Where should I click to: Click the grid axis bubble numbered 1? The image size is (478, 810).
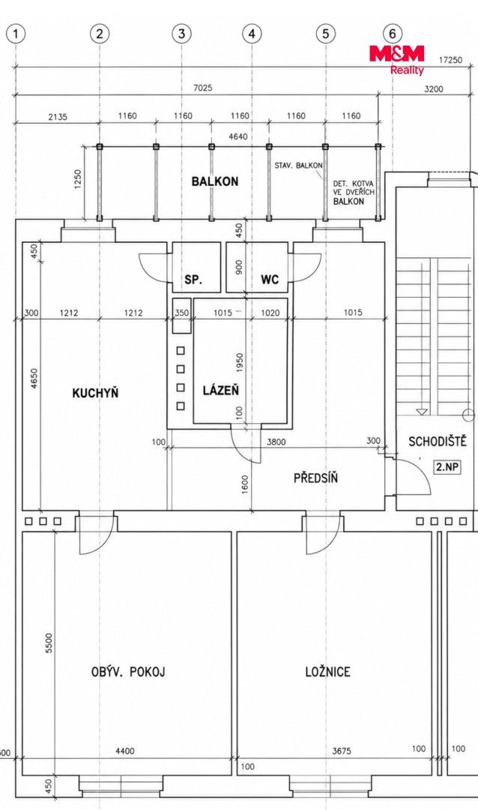16,34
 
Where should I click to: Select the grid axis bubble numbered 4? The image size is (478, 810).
252,34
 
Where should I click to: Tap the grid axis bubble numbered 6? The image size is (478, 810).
393,34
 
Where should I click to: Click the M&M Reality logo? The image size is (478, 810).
397,59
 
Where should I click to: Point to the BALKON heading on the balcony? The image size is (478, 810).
215,181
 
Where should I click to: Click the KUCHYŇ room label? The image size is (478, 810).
95,392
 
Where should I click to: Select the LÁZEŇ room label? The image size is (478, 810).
220,390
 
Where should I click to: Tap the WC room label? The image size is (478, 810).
270,280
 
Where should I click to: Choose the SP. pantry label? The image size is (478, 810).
193,280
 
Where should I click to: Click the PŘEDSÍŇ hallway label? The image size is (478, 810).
316,477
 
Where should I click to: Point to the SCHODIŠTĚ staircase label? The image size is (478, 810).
438,442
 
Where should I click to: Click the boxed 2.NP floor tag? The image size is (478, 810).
447,467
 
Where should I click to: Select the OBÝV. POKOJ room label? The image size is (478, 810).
127,671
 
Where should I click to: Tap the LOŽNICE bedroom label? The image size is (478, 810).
327,671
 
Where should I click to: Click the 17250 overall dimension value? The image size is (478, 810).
450,60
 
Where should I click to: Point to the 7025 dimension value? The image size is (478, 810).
202,88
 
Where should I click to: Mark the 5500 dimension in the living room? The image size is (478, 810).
49,643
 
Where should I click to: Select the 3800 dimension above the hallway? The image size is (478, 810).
275,442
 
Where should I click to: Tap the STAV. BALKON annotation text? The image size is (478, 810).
299,166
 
